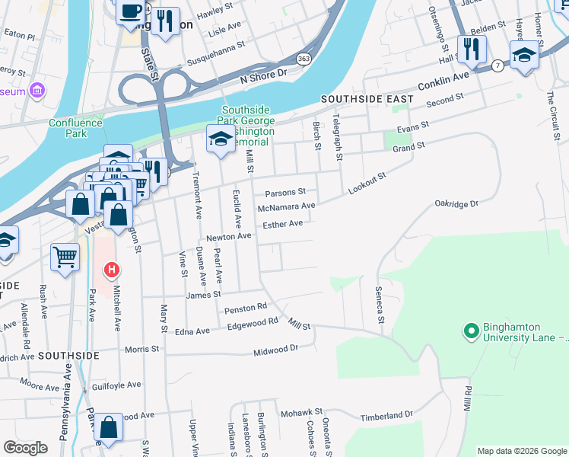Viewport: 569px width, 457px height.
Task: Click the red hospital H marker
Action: pos(112,270)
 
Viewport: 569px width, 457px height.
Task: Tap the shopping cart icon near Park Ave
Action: pos(65,256)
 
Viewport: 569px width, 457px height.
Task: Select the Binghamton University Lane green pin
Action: pos(471,331)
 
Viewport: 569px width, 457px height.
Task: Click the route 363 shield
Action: pos(304,59)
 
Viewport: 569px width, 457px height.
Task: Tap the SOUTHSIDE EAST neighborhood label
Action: pos(367,99)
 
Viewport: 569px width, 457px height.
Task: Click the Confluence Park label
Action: pos(75,128)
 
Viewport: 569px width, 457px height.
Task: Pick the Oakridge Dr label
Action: pos(456,204)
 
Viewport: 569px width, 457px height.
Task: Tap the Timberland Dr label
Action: pos(386,415)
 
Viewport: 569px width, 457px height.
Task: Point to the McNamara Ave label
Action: pos(286,206)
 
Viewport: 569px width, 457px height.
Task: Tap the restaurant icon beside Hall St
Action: pos(472,50)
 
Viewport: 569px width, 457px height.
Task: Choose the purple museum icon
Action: pos(37,91)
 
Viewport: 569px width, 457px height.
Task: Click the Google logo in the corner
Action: pos(26,448)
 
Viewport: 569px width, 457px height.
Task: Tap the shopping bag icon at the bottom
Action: pos(109,427)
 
